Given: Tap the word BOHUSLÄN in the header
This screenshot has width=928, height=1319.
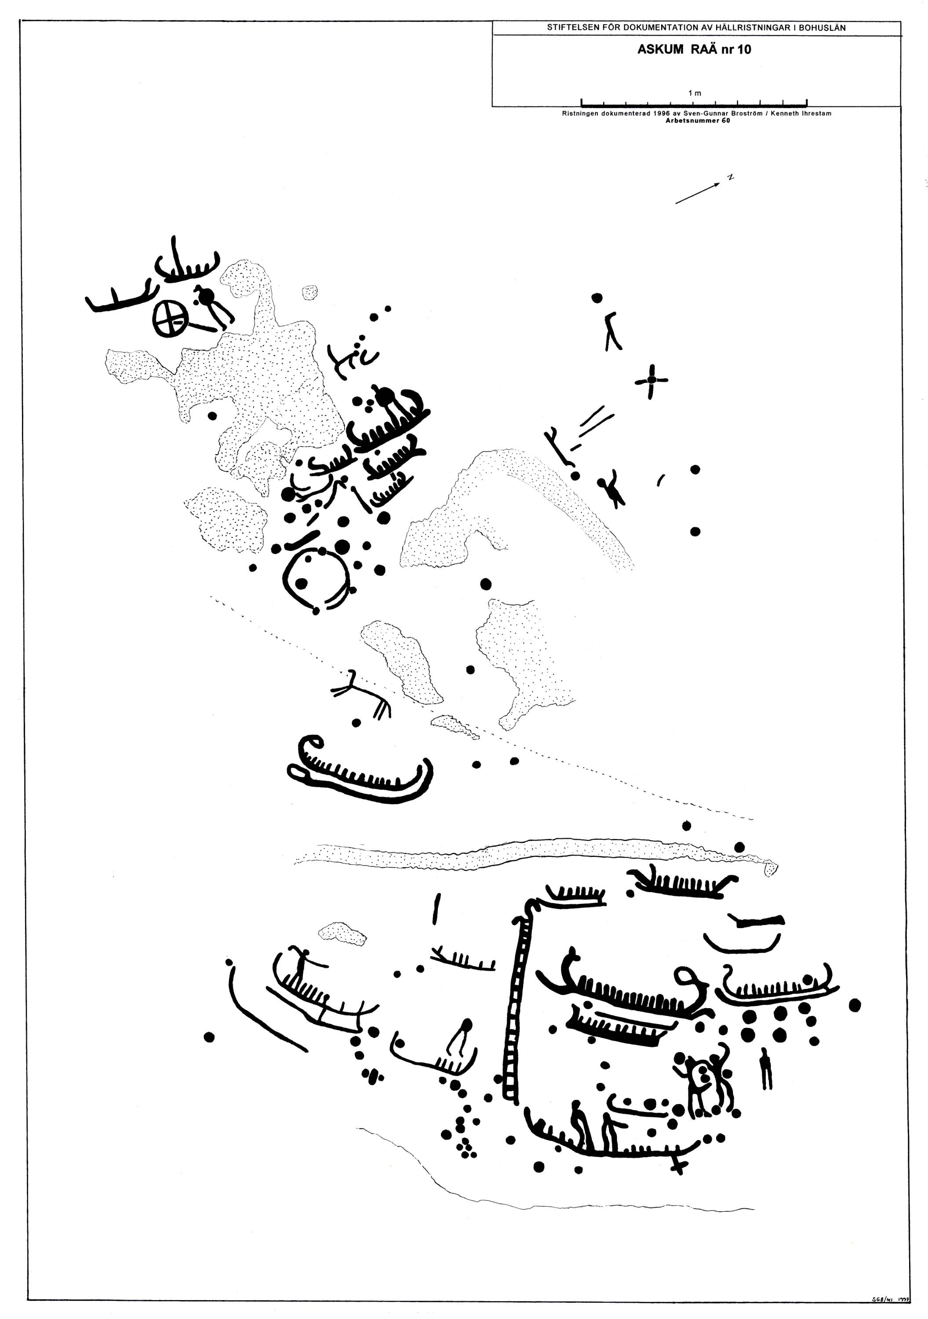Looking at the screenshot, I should click(x=821, y=28).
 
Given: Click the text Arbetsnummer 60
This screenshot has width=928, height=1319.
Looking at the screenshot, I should click(x=697, y=120).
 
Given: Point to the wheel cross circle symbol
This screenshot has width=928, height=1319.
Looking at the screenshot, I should click(x=170, y=318).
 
